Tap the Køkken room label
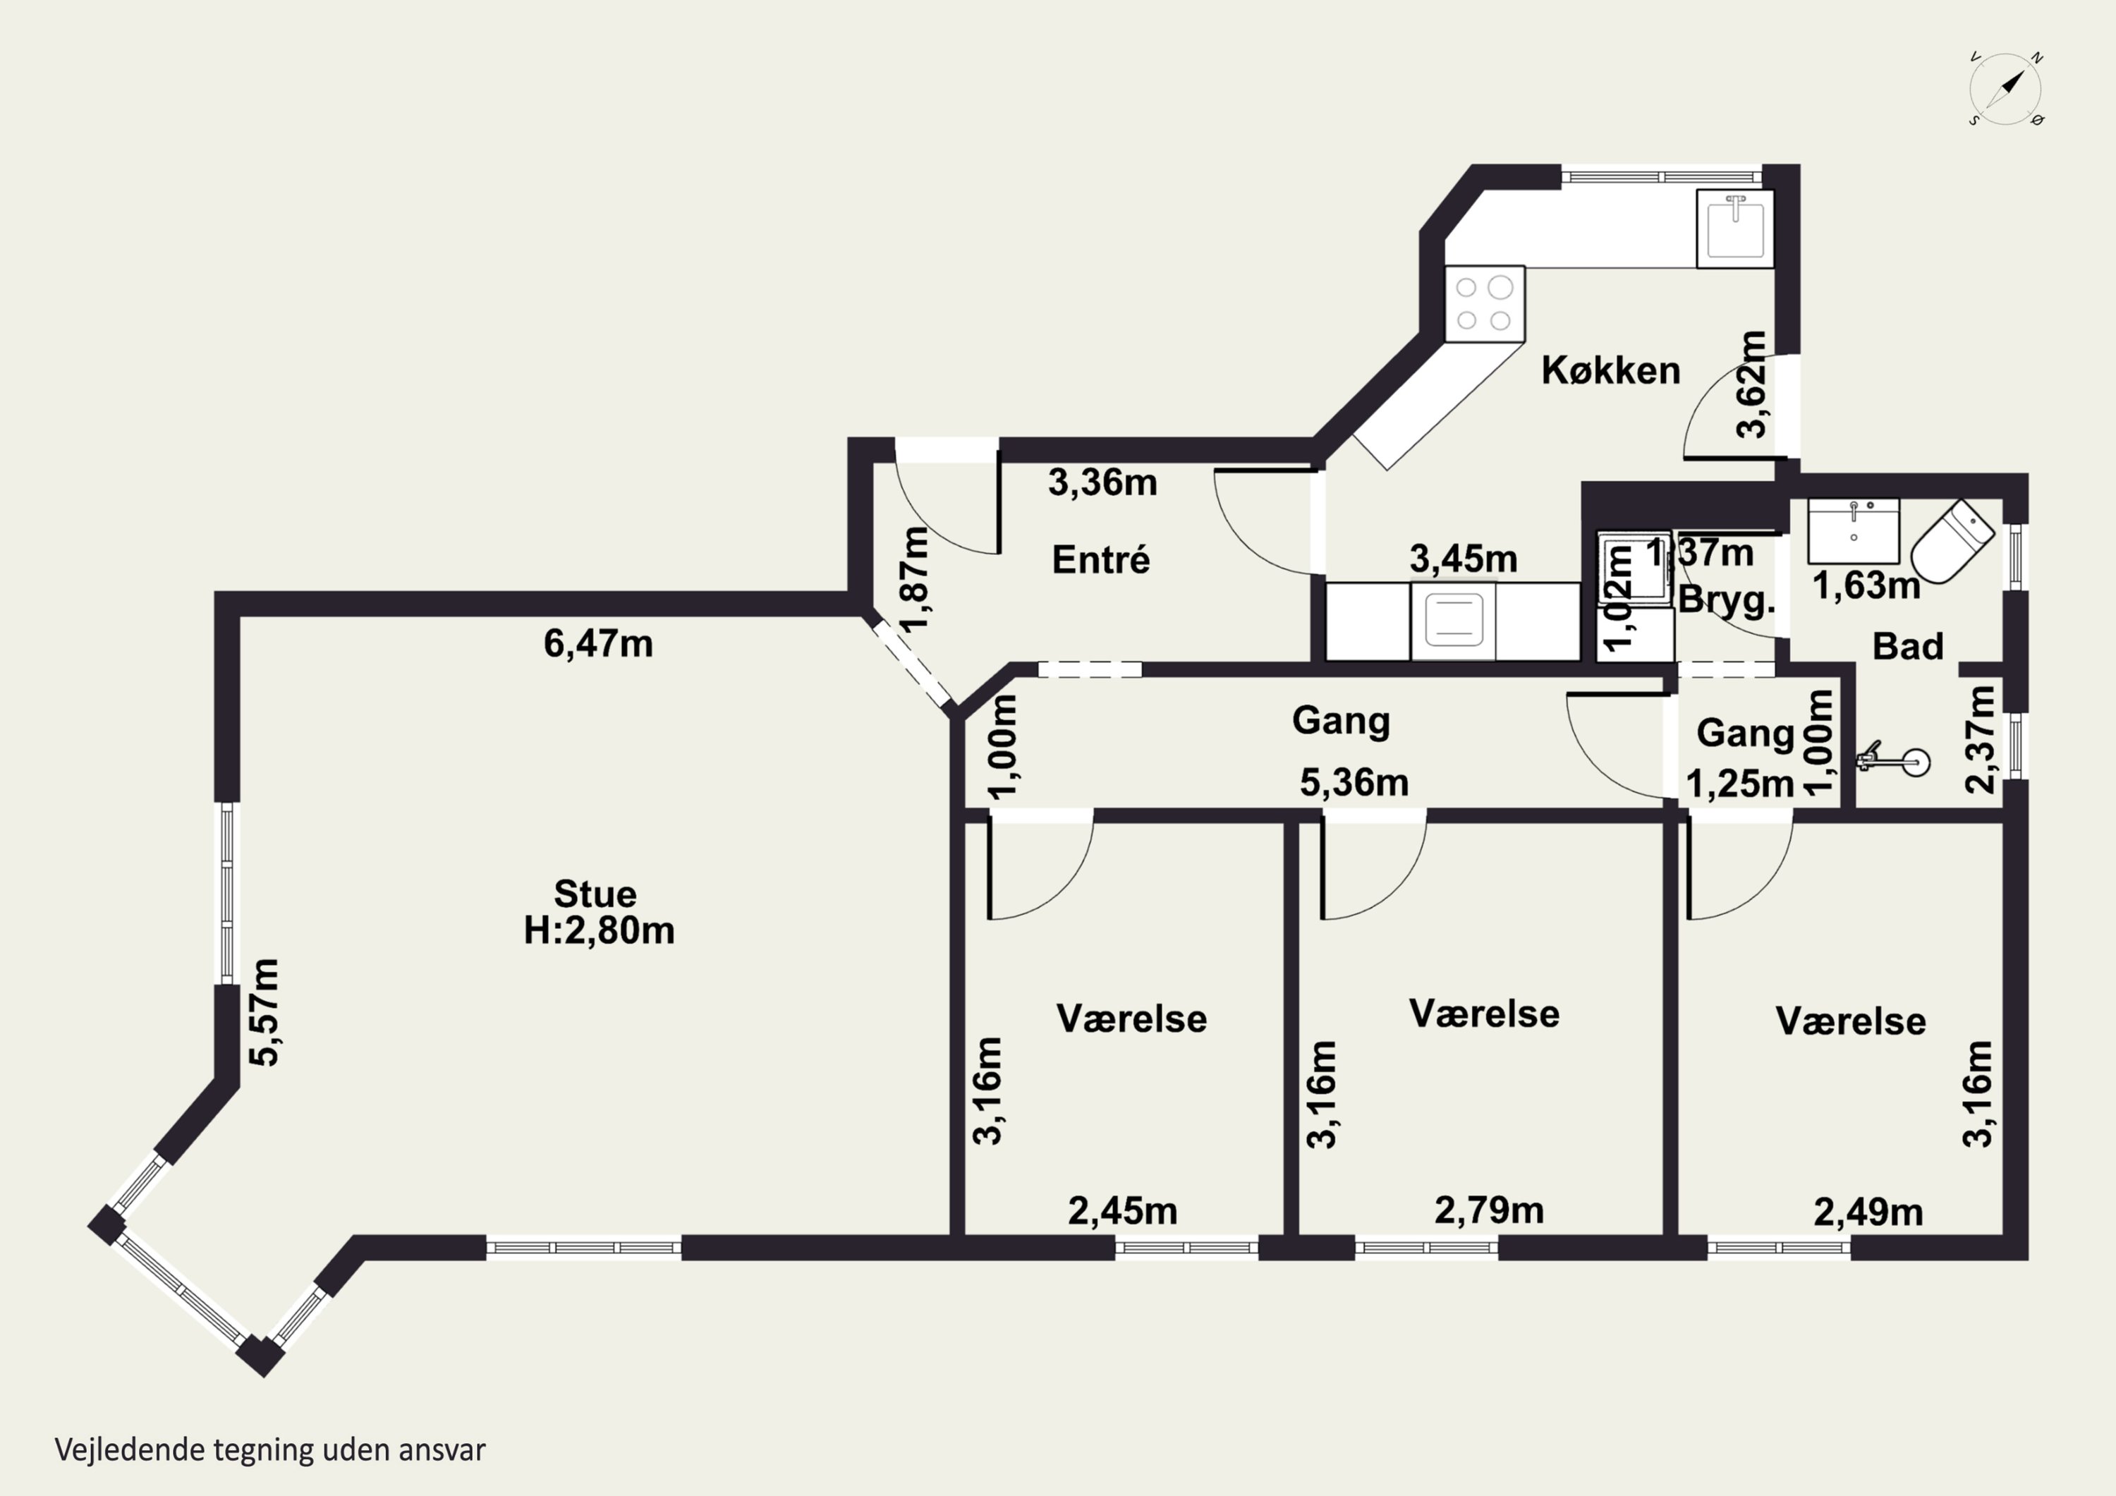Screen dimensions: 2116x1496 1611,370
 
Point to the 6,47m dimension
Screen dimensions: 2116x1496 598,643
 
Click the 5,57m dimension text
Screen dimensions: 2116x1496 265,1012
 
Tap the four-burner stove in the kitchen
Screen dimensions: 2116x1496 1484,304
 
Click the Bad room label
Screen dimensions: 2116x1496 1908,646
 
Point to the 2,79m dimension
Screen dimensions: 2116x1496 1489,1210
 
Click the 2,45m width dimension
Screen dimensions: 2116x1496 1122,1210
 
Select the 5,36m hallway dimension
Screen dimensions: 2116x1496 1354,783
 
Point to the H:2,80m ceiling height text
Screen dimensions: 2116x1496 599,930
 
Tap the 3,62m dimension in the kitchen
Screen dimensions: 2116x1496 1752,384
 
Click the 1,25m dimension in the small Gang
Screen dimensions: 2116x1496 1740,784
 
